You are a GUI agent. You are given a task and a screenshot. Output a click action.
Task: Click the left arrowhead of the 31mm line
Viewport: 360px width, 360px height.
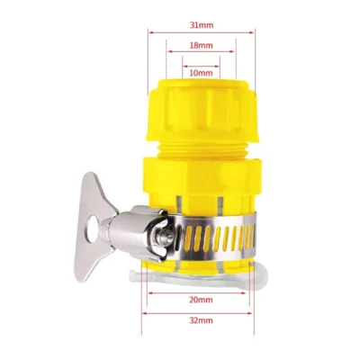click(x=144, y=32)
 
